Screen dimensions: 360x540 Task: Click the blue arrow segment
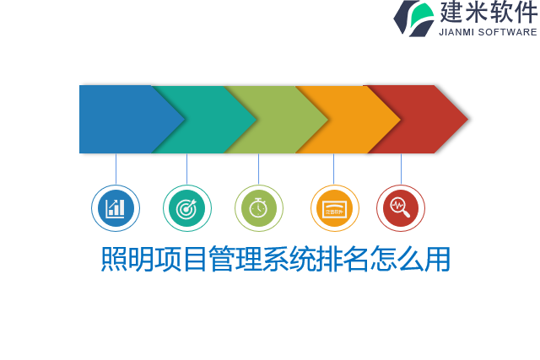118,119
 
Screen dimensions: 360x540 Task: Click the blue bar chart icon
116,208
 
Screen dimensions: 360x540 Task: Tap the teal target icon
187,208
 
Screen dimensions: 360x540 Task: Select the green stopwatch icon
259,208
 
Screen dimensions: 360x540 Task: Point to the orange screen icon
334,208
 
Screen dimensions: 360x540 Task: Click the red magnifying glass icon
401,208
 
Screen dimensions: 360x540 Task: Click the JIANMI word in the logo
457,32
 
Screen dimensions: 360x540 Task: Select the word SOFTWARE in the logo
508,32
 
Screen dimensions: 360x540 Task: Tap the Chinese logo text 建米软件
488,13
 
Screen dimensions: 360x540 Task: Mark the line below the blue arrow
116,169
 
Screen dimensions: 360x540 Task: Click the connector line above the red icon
401,169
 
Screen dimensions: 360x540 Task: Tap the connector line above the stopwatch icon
259,169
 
